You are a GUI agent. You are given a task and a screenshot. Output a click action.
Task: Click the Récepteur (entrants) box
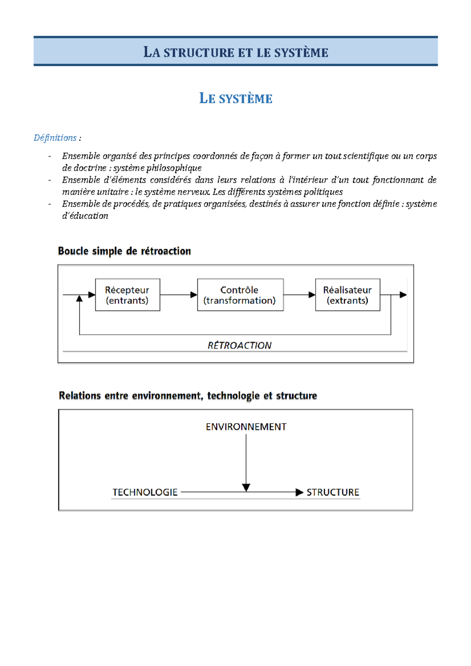(x=128, y=295)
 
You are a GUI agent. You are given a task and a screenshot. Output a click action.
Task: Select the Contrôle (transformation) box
(x=240, y=295)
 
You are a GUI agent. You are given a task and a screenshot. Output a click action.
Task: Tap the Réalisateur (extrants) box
(x=347, y=295)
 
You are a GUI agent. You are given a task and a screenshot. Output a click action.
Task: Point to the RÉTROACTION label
(x=239, y=346)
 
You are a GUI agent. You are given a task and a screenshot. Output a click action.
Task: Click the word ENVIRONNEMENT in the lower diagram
(x=246, y=427)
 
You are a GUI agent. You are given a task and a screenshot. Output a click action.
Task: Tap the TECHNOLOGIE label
(x=145, y=492)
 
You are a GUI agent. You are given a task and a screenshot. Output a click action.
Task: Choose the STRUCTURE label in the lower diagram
(x=333, y=492)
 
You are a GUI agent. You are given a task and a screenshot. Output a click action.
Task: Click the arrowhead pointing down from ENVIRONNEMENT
(x=246, y=488)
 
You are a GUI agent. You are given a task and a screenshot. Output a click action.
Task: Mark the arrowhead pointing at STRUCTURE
(x=299, y=492)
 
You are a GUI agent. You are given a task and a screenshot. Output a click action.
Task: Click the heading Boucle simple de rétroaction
(x=124, y=251)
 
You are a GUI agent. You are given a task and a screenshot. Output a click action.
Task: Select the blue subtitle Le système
(x=235, y=98)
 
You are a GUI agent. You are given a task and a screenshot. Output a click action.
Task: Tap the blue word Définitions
(x=55, y=138)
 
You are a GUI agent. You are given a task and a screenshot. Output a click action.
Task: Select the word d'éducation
(x=85, y=216)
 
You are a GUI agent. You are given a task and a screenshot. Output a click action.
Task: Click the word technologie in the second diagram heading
(x=233, y=396)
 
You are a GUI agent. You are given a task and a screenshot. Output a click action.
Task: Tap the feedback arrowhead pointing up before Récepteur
(x=80, y=298)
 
